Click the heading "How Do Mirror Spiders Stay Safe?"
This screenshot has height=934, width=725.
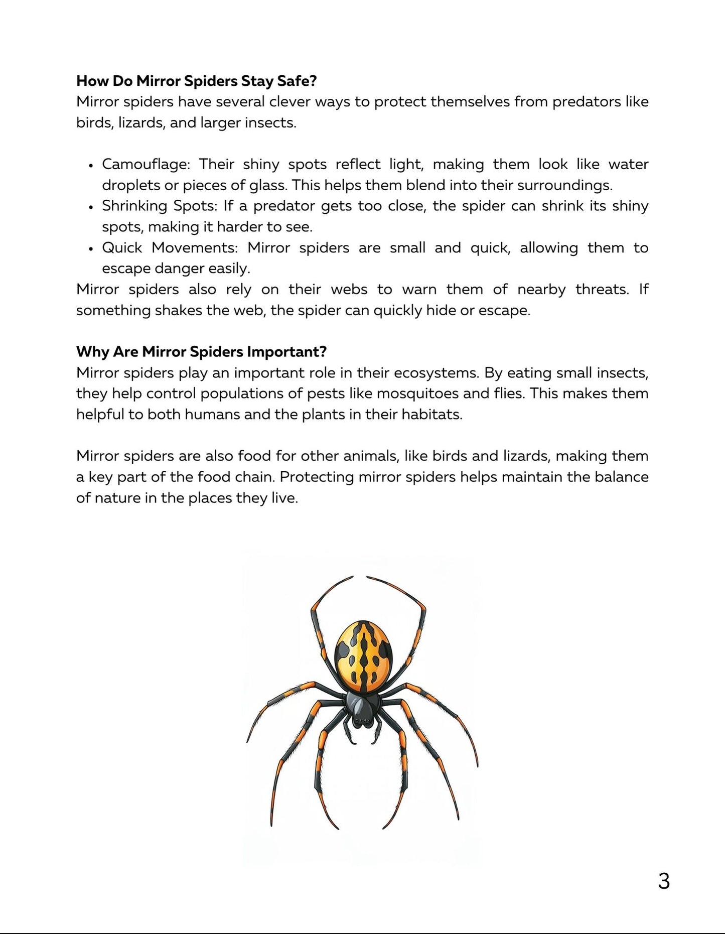[196, 81]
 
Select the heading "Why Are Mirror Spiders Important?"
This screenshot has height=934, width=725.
[201, 351]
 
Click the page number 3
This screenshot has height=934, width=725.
[663, 881]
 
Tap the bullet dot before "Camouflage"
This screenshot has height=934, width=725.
[91, 165]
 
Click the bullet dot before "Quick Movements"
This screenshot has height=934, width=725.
[91, 248]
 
